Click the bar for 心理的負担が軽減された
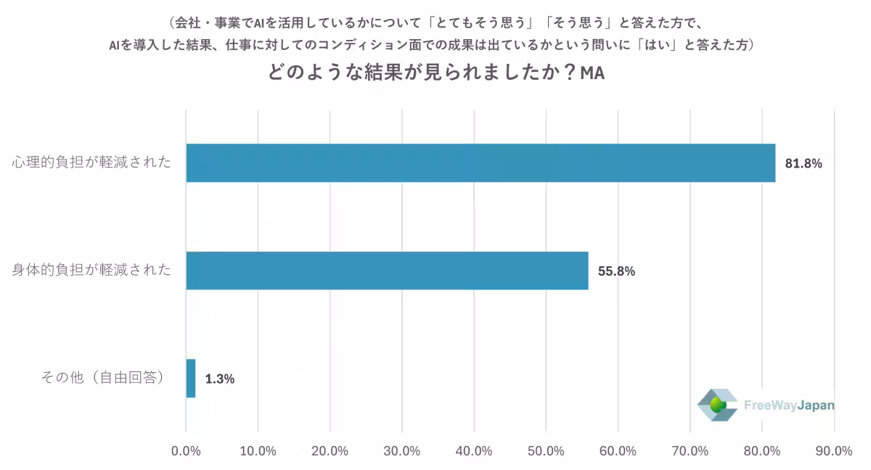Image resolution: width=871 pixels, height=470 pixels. [481, 163]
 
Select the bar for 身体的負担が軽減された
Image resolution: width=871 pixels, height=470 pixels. [387, 271]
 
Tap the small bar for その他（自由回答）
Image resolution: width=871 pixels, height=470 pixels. [191, 378]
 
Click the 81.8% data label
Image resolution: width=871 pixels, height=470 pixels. [803, 164]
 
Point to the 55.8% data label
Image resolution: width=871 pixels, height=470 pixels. [616, 271]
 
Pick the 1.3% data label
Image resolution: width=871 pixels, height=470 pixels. [219, 379]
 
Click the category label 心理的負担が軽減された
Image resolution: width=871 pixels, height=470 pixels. [91, 162]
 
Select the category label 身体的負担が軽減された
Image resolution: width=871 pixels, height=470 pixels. [91, 271]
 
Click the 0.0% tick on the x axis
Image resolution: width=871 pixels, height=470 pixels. [186, 450]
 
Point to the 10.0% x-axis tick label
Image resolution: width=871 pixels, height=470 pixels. [258, 450]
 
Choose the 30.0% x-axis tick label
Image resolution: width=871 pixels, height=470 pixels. [401, 450]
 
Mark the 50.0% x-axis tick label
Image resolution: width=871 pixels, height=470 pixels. [546, 450]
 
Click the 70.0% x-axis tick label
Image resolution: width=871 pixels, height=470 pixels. [690, 450]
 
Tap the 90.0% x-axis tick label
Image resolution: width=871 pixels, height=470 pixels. [834, 450]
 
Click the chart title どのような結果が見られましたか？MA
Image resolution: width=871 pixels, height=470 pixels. [435, 75]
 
